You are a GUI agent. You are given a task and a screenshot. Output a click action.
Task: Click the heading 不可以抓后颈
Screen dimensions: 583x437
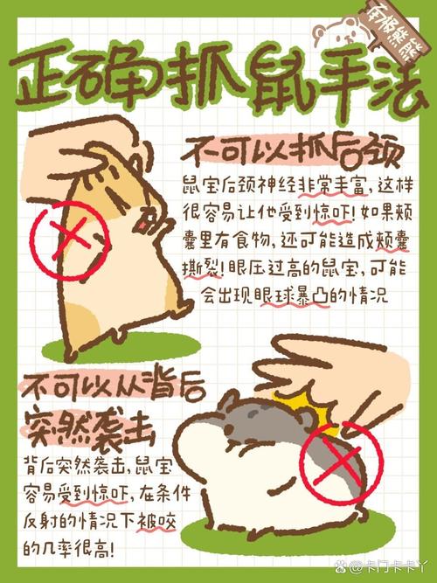coord(292,151)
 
